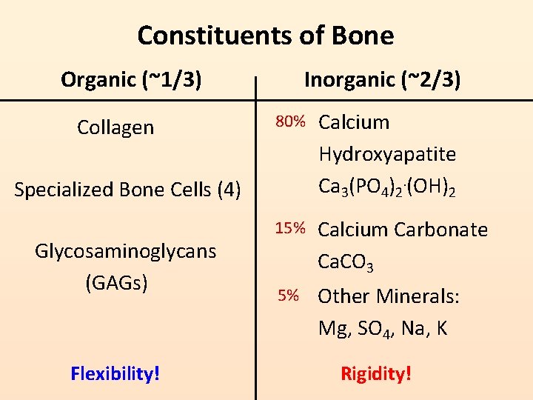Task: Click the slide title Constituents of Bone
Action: point(266,35)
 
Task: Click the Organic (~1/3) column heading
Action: point(131,79)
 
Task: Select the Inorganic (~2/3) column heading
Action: point(382,79)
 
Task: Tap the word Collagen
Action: point(115,127)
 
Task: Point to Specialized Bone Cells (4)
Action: point(127,190)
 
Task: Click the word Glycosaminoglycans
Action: point(125,251)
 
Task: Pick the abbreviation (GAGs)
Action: point(117,282)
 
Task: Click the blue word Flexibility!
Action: point(115,373)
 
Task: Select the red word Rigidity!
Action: point(375,373)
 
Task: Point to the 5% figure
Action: point(289,296)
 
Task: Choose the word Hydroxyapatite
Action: point(387,154)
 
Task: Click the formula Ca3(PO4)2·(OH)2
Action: point(386,187)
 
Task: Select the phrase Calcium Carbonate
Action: point(403,230)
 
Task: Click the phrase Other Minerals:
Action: point(389,296)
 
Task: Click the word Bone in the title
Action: point(363,35)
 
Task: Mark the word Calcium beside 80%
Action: point(354,122)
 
